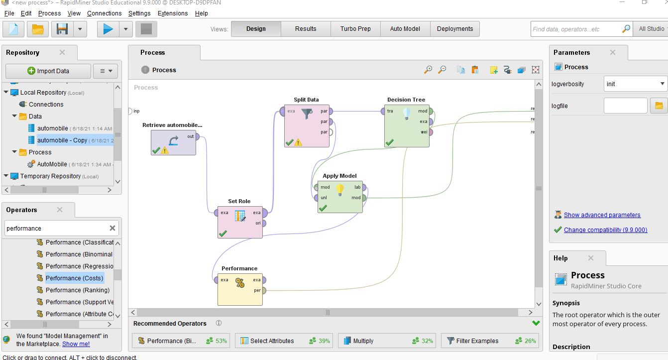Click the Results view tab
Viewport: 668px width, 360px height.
pyautogui.click(x=306, y=29)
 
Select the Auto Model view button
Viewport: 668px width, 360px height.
pyautogui.click(x=405, y=29)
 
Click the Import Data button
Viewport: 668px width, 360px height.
pyautogui.click(x=48, y=71)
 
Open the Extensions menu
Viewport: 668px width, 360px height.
pyautogui.click(x=173, y=13)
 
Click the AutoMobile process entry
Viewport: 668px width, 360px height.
pyautogui.click(x=52, y=164)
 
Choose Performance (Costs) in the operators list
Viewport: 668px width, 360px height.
pyautogui.click(x=74, y=278)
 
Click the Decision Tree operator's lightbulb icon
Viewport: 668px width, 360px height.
pyautogui.click(x=407, y=114)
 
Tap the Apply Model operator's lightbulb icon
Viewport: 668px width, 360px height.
pyautogui.click(x=340, y=190)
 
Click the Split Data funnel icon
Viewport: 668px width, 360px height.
pyautogui.click(x=306, y=114)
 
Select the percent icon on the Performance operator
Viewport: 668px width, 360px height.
pyautogui.click(x=240, y=283)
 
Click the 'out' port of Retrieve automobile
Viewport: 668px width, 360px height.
pyautogui.click(x=198, y=136)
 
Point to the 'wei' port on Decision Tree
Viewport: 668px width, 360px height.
pyautogui.click(x=431, y=132)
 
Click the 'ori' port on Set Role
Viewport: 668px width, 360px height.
pyautogui.click(x=264, y=224)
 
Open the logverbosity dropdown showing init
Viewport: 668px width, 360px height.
pyautogui.click(x=635, y=84)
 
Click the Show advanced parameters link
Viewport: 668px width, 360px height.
pyautogui.click(x=602, y=215)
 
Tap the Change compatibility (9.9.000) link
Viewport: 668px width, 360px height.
pyautogui.click(x=605, y=230)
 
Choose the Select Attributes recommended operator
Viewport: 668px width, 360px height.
pyautogui.click(x=272, y=341)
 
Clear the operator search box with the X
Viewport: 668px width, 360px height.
pyautogui.click(x=112, y=228)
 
